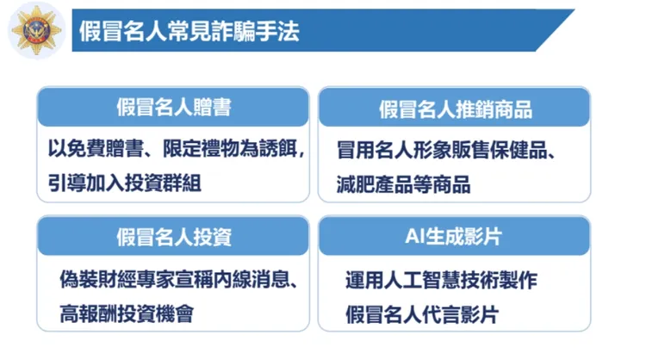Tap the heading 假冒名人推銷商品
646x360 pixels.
pos(455,109)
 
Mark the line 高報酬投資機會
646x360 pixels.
pos(125,312)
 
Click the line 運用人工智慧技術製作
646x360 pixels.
pos(442,281)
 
